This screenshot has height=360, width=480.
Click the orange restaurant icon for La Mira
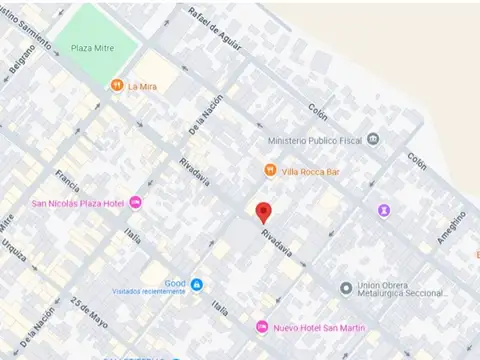117,86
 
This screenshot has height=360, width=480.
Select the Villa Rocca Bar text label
311,171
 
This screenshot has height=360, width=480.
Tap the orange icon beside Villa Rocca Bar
270,171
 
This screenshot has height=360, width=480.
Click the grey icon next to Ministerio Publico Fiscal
373,139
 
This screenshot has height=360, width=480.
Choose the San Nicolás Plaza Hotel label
77,204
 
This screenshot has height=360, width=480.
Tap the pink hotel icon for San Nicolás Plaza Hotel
136,204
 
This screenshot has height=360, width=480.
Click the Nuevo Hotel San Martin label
319,328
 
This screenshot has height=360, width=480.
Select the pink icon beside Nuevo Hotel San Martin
262,327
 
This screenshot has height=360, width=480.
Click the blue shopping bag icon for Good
197,285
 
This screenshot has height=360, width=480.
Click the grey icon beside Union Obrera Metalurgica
346,288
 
